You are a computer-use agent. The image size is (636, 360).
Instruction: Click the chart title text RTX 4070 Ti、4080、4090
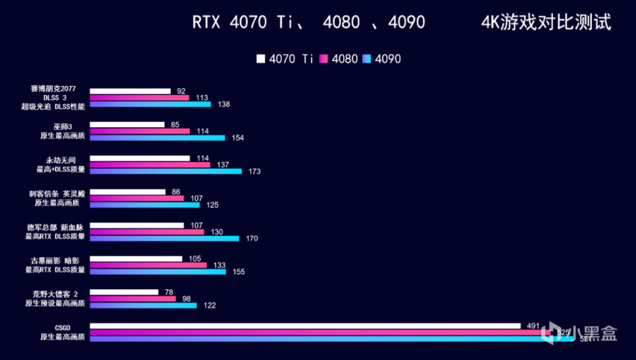pos(308,23)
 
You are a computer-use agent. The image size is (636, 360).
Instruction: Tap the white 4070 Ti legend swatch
pos(261,58)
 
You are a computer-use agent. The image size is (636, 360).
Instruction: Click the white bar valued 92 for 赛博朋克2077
pos(130,91)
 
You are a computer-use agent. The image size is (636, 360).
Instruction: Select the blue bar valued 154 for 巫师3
pos(158,138)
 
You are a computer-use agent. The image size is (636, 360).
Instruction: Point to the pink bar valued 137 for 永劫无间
pos(150,165)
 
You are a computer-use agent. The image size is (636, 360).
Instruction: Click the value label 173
pos(255,172)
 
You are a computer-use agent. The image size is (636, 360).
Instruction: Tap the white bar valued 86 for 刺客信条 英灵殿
pos(128,191)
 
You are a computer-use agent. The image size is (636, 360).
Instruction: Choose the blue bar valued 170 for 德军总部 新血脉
pos(164,238)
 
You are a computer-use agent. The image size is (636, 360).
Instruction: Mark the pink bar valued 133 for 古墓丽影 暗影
pos(149,265)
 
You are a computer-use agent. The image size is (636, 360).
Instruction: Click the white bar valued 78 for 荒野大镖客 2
pos(124,292)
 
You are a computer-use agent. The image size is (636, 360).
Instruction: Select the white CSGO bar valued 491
pos(305,325)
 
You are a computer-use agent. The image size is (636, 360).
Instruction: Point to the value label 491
pos(533,325)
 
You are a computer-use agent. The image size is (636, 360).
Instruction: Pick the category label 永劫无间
pos(63,159)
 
